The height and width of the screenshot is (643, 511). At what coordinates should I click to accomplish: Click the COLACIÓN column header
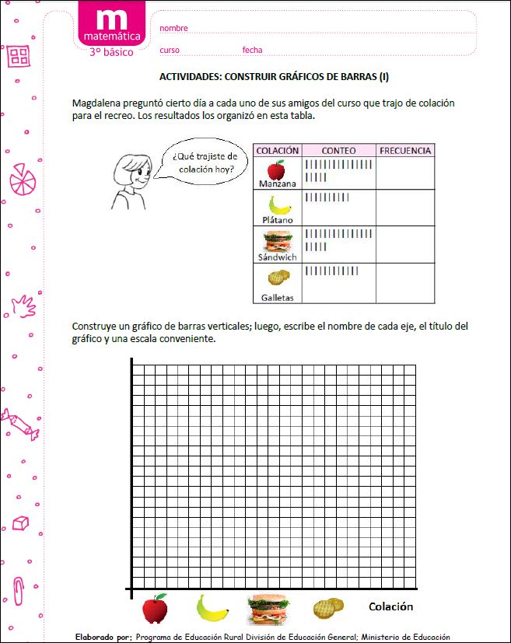278,150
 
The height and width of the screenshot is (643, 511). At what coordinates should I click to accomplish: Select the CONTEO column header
338,150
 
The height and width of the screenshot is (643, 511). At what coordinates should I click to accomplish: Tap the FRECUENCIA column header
404,150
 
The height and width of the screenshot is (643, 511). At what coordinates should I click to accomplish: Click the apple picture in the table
275,169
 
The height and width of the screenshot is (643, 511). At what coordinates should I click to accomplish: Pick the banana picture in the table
278,205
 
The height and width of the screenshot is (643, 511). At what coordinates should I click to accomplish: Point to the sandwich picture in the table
278,239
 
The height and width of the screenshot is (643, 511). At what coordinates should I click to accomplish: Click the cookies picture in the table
278,277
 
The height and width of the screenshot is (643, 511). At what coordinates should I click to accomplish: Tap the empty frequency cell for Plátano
404,208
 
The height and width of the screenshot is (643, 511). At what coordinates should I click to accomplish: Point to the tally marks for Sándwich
339,239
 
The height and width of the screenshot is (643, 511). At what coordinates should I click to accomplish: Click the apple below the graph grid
155,608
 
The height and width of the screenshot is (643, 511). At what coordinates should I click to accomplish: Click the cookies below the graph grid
327,608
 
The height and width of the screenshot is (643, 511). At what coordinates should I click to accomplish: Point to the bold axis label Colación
390,606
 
